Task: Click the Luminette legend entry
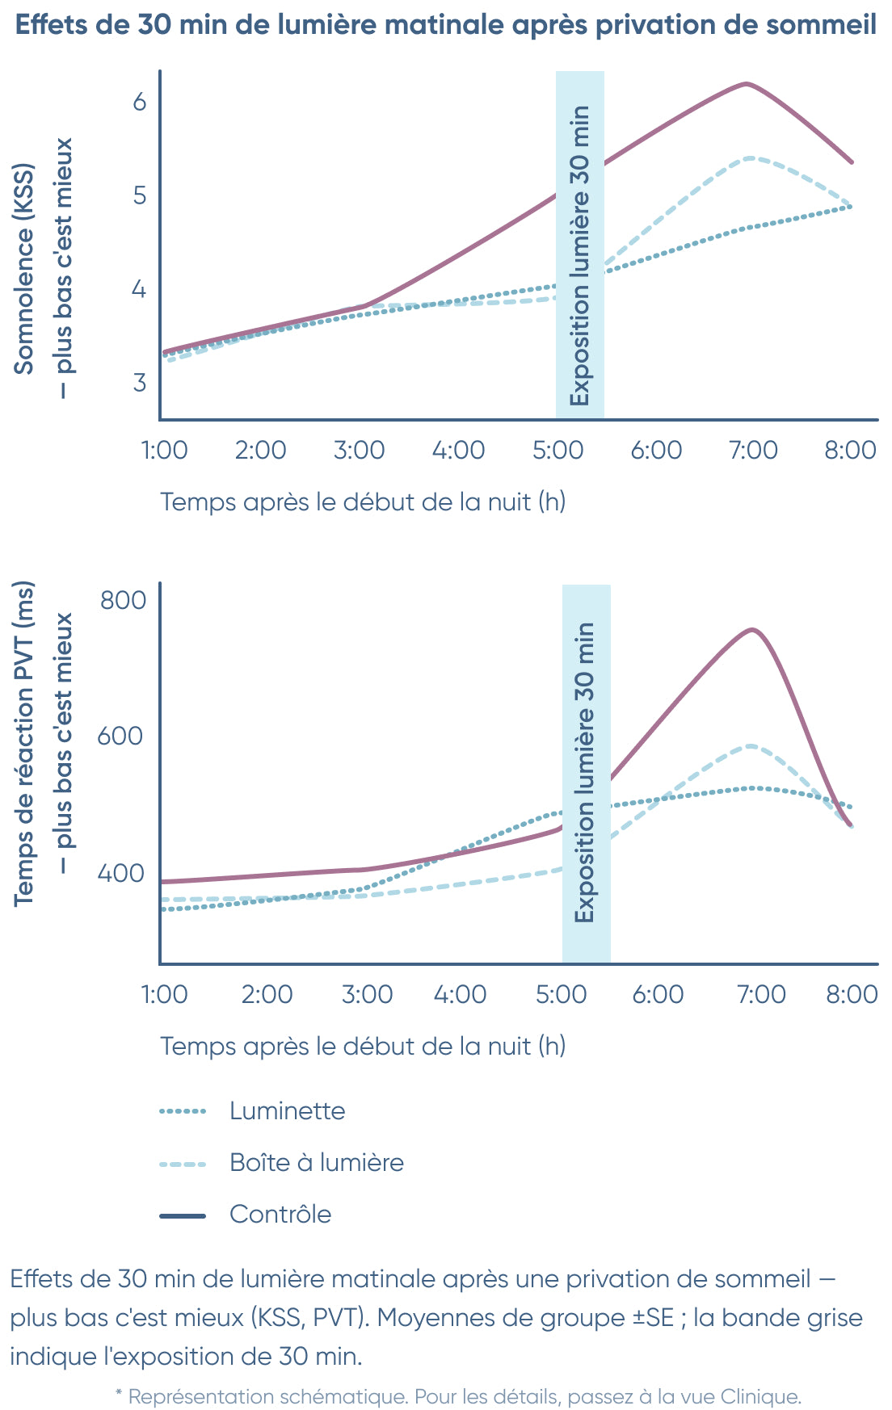(x=287, y=1111)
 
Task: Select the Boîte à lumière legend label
(x=316, y=1163)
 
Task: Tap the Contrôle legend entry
(x=280, y=1215)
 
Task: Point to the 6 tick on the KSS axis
(x=140, y=102)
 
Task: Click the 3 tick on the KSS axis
(x=140, y=382)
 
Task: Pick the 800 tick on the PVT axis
(x=123, y=600)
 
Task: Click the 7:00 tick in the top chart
(x=753, y=450)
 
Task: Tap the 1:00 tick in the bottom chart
(x=165, y=994)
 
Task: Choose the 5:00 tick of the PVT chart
(x=561, y=994)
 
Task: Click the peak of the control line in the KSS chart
(x=746, y=84)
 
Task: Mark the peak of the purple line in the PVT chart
(x=753, y=630)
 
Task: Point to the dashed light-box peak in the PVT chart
(x=751, y=745)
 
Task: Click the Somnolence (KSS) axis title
(x=24, y=269)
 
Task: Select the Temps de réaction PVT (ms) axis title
(x=24, y=743)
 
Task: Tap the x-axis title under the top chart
(x=363, y=502)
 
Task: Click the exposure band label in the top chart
(x=580, y=255)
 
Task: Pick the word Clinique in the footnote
(x=759, y=1396)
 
